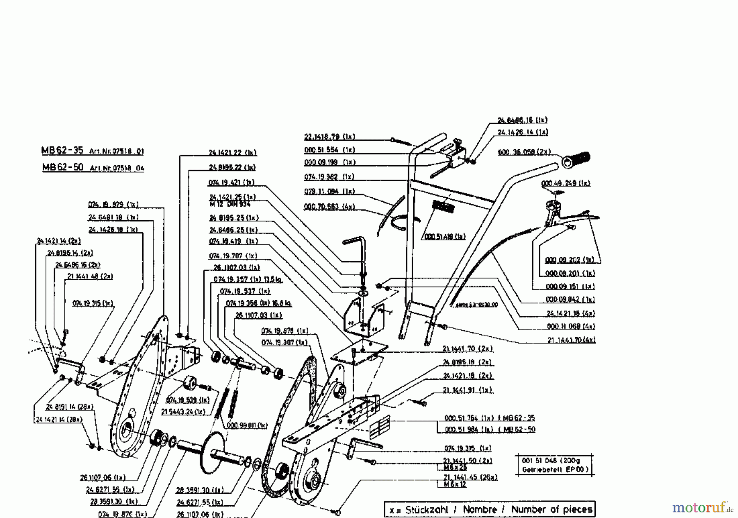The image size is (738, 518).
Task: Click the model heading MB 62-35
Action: pyautogui.click(x=62, y=151)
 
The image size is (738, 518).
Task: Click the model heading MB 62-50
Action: pyautogui.click(x=63, y=167)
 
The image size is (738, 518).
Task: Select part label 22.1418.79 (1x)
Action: pyautogui.click(x=329, y=137)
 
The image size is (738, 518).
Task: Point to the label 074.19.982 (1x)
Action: pyautogui.click(x=329, y=177)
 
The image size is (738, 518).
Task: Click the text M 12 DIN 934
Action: pyautogui.click(x=230, y=204)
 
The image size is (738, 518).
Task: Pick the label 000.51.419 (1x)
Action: pyautogui.click(x=445, y=237)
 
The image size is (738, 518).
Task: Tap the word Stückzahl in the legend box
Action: pyautogui.click(x=426, y=509)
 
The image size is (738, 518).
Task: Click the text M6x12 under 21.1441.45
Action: pyautogui.click(x=455, y=484)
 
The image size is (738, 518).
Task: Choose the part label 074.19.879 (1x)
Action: pyautogui.click(x=113, y=204)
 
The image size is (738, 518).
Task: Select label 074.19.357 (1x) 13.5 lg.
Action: pyautogui.click(x=248, y=279)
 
